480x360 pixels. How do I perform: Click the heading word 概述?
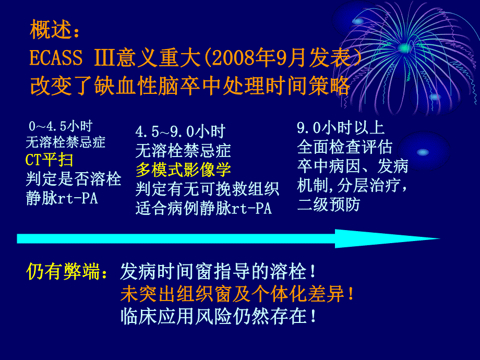50,30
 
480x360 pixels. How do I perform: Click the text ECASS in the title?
56,58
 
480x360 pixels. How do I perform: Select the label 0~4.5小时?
61,126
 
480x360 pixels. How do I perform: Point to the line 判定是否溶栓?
74,179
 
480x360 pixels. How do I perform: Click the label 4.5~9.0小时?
180,131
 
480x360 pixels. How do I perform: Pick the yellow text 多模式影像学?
183,170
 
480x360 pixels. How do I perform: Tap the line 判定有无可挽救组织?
207,188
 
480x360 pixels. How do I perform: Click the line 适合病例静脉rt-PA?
203,209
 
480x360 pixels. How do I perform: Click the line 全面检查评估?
344,147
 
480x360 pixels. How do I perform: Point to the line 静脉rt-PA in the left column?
62,199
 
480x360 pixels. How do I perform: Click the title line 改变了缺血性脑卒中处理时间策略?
189,86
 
